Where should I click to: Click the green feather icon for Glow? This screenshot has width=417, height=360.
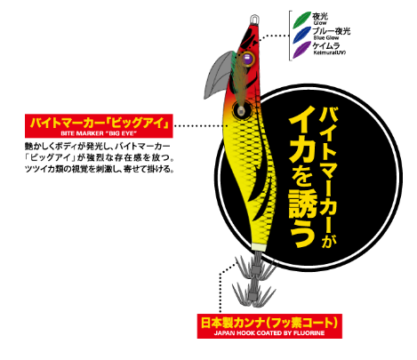(x=301, y=20)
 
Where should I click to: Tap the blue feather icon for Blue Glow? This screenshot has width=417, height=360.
(x=301, y=35)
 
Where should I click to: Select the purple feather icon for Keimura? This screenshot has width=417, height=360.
(x=301, y=50)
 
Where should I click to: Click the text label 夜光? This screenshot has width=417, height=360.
(x=320, y=16)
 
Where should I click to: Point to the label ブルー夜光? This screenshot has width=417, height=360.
(x=332, y=31)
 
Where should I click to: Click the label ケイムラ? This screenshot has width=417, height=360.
(x=326, y=46)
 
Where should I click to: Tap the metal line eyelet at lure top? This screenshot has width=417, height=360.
(x=254, y=20)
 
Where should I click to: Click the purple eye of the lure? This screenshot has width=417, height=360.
(x=247, y=59)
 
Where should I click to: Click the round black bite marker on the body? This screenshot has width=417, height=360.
(x=242, y=110)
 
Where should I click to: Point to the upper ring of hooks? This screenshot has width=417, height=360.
(x=255, y=269)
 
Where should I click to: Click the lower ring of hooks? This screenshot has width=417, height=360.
(x=254, y=294)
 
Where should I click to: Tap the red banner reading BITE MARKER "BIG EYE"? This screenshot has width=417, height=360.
(x=99, y=126)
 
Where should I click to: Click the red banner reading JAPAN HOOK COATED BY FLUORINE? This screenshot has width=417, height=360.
(x=269, y=326)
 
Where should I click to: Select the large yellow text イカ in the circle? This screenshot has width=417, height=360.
(x=301, y=139)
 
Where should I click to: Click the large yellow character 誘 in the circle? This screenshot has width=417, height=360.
(x=302, y=204)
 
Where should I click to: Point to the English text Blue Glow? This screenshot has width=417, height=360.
(x=325, y=38)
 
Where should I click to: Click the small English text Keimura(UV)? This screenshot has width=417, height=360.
(x=330, y=52)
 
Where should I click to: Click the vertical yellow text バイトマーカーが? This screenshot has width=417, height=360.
(x=328, y=177)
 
